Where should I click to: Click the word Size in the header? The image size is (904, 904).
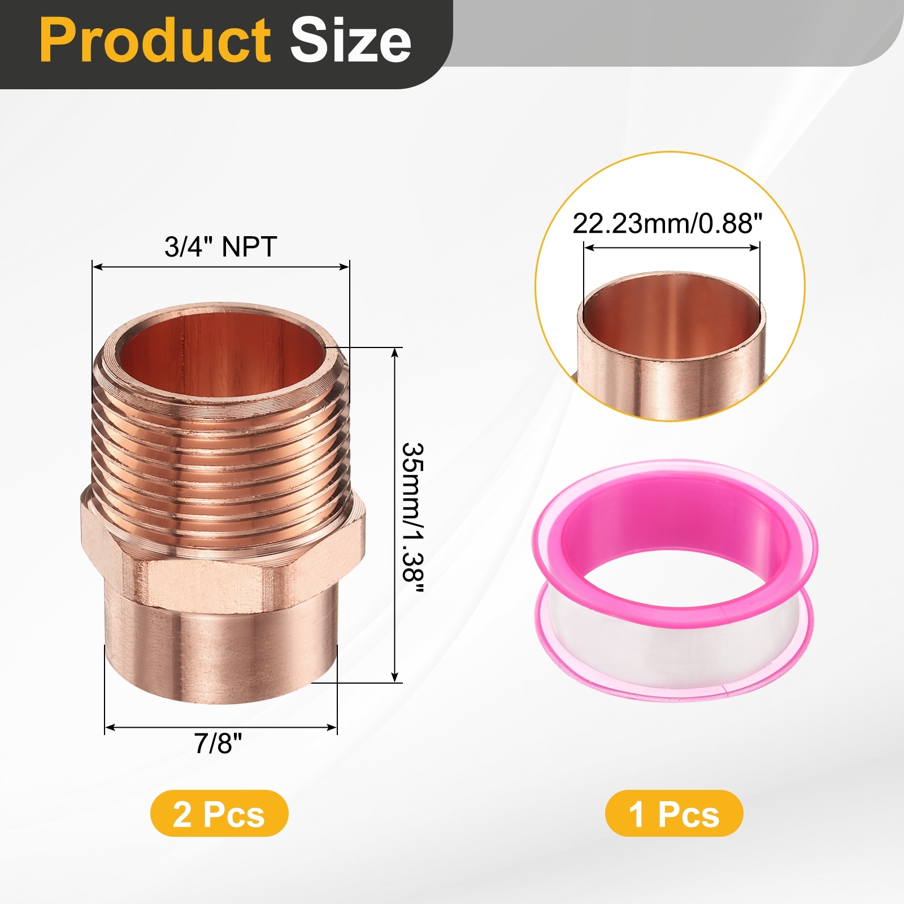[x=351, y=41]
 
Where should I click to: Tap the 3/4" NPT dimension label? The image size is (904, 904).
[x=220, y=247]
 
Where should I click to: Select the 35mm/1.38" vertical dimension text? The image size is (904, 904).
[x=412, y=518]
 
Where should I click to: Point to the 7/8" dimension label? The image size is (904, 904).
[x=218, y=743]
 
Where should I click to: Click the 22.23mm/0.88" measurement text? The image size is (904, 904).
[x=667, y=224]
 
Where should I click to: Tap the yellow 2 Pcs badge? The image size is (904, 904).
[x=219, y=814]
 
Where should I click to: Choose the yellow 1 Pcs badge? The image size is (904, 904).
[x=674, y=814]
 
